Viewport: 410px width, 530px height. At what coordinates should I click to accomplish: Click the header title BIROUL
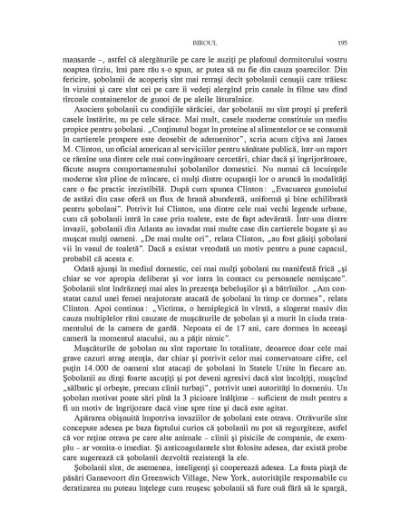206,43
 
